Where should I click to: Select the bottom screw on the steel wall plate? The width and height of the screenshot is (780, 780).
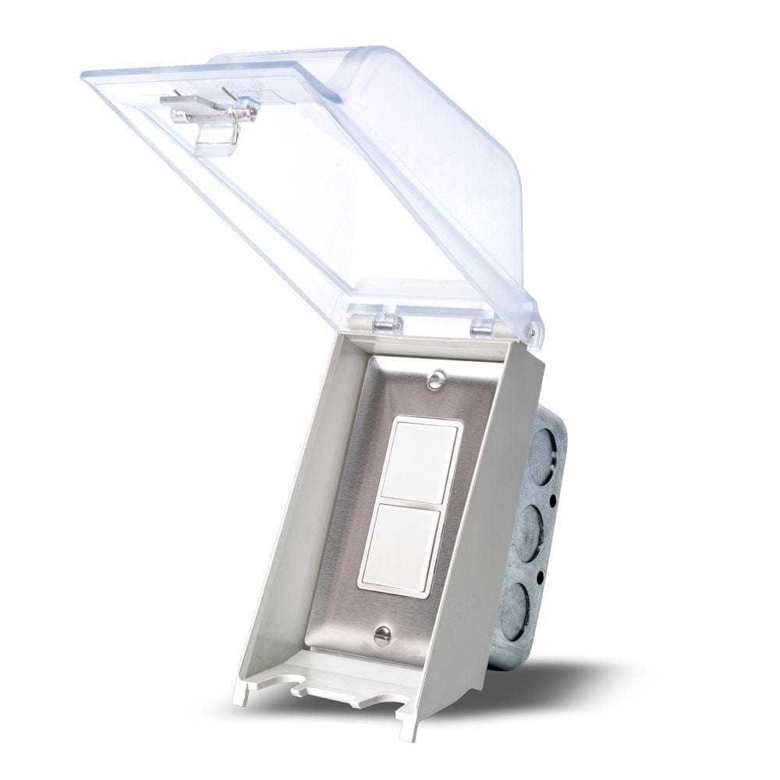(x=381, y=636)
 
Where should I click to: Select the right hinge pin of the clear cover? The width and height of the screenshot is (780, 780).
(x=481, y=328)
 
